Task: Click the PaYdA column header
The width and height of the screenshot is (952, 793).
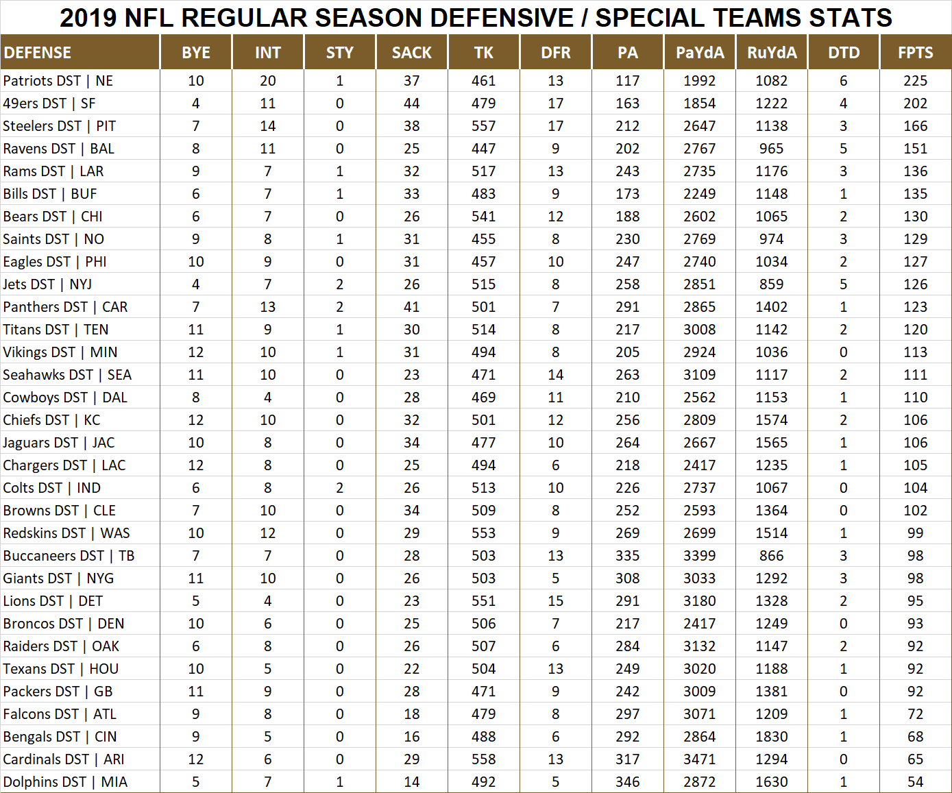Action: [700, 53]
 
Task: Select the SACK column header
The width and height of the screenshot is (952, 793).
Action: [411, 53]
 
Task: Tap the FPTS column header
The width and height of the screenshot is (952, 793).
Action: [915, 53]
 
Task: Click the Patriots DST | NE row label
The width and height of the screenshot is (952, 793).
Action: [58, 81]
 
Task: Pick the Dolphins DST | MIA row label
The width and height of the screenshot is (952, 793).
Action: [65, 782]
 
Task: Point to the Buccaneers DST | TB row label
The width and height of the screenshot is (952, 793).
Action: [69, 556]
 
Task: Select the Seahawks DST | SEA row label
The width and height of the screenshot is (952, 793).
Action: [67, 375]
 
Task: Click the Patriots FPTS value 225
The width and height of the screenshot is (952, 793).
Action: [915, 81]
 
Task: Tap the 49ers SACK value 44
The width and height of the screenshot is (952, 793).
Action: [411, 103]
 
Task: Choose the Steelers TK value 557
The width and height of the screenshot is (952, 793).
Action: [483, 126]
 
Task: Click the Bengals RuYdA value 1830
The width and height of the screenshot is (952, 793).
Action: [771, 737]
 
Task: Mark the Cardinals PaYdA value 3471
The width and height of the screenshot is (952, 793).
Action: [699, 759]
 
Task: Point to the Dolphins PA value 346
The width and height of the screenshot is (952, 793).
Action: [627, 782]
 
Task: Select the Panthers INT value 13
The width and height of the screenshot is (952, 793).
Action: [267, 307]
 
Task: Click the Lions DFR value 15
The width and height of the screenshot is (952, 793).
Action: [555, 601]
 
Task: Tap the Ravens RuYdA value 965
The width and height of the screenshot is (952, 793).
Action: [771, 149]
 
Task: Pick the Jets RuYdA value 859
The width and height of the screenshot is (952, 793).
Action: [771, 284]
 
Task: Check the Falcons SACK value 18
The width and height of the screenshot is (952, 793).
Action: [411, 714]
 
